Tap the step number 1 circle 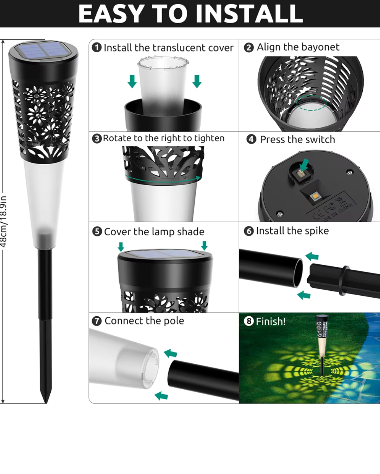(x=97, y=47)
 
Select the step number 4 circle (x=251, y=139)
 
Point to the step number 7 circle (x=96, y=321)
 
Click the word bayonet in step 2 (x=320, y=47)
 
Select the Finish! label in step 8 (x=271, y=321)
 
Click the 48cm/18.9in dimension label (x=4, y=221)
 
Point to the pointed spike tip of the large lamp (x=46, y=403)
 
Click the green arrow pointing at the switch (x=304, y=165)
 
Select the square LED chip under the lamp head (x=313, y=196)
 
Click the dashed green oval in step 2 (x=311, y=103)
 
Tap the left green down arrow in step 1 (x=132, y=81)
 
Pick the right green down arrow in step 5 (x=204, y=245)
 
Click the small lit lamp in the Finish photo (x=322, y=344)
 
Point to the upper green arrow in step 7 (x=170, y=353)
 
